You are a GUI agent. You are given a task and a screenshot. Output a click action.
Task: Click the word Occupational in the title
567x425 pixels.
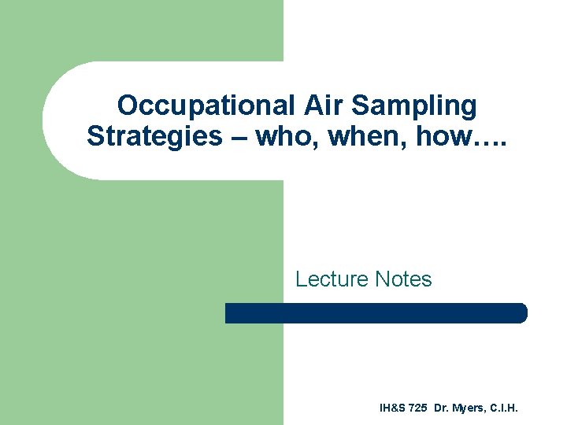pyautogui.click(x=203, y=105)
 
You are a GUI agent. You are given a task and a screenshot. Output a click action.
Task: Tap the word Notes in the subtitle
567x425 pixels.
pyautogui.click(x=403, y=279)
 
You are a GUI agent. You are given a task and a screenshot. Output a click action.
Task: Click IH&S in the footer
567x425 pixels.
pyautogui.click(x=392, y=408)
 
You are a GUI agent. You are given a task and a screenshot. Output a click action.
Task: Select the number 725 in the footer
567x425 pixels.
pyautogui.click(x=418, y=408)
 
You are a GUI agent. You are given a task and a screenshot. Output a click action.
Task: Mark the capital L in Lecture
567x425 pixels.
pyautogui.click(x=301, y=279)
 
